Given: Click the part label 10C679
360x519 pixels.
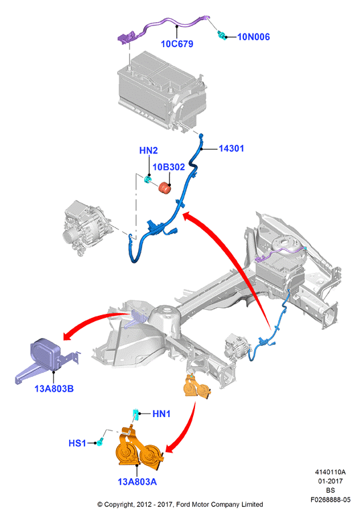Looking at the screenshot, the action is pos(177,44).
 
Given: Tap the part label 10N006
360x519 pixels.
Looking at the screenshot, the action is pos(253,37).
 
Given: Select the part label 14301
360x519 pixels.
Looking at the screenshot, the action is pos(231,148).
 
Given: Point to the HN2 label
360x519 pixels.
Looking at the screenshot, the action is pos(148,150).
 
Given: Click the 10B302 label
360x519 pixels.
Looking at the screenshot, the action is pos(169,167).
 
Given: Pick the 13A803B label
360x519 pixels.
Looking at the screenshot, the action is pos(54,388).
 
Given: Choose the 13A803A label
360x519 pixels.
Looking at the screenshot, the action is pos(137,481).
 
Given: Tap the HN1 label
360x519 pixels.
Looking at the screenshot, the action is pos(162,414).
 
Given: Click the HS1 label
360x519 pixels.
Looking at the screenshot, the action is pos(77,443).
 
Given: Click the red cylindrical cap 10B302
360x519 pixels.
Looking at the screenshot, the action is pos(165,188).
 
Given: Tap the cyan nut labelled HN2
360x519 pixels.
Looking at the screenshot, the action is pos(147,179).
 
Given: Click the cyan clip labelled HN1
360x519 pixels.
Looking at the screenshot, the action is pos(135,414).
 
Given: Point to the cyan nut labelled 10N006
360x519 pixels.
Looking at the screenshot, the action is pos(221,35).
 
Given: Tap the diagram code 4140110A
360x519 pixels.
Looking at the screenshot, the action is pos(330,472).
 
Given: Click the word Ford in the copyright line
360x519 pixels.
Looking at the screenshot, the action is pos(182,504).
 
